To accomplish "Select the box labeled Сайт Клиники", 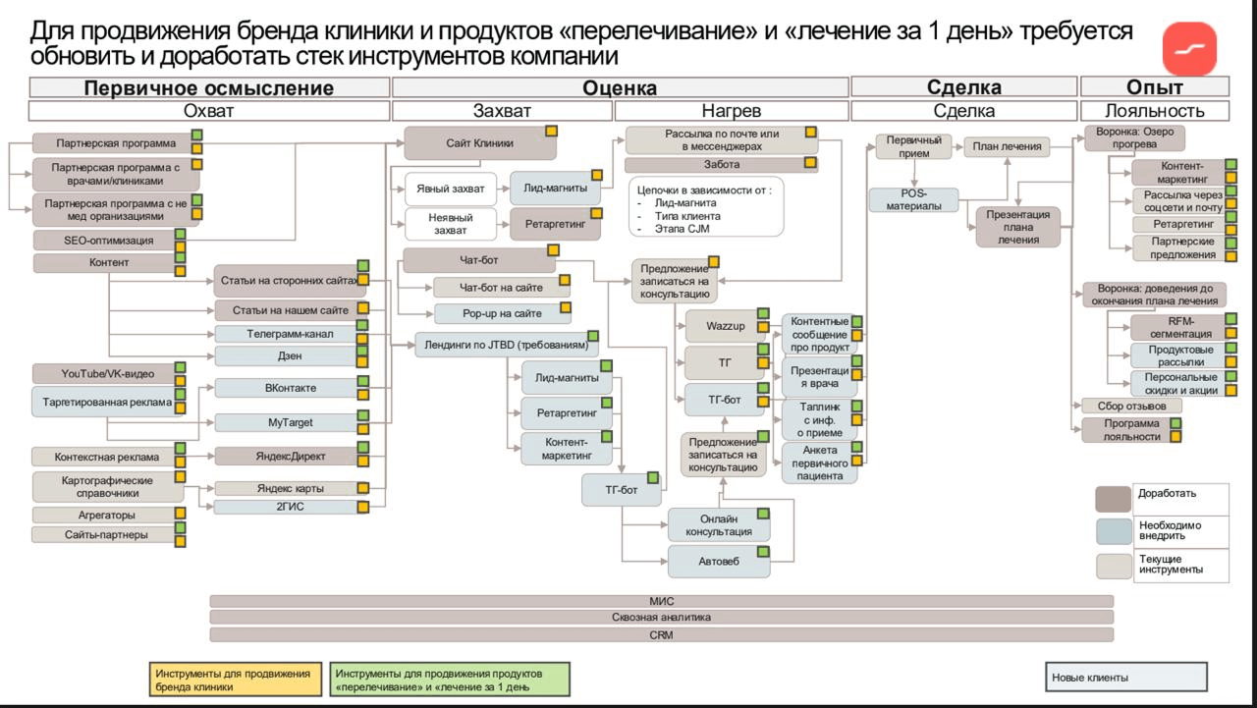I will click(x=479, y=143).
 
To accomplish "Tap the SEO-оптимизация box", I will click(x=102, y=240).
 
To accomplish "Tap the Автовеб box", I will click(x=719, y=561).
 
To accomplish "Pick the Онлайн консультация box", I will click(x=719, y=524).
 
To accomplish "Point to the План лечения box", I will click(x=1006, y=147).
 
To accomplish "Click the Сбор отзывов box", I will click(x=1131, y=406).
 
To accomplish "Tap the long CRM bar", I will click(x=661, y=634).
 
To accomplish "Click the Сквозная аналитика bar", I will click(x=661, y=618).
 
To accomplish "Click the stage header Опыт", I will click(x=1154, y=87).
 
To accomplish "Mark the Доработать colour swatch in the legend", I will click(x=1114, y=499).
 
